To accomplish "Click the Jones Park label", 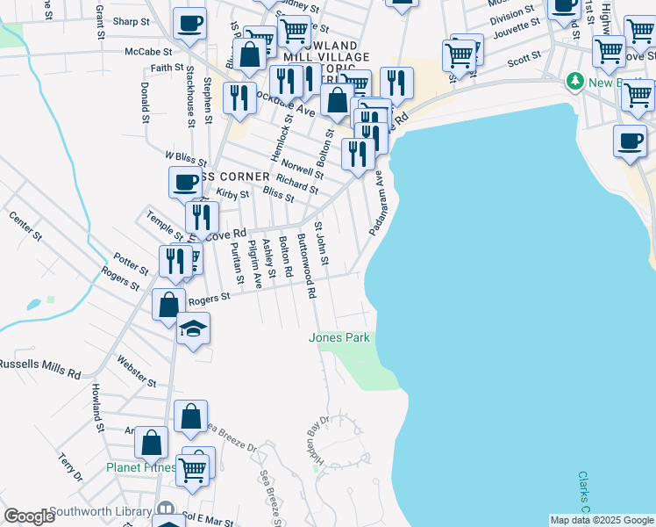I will click(x=339, y=337).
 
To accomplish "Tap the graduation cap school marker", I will click(x=193, y=329).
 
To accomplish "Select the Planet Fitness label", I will click(x=140, y=467).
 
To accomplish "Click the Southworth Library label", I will click(x=101, y=511).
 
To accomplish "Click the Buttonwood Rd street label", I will click(x=306, y=266).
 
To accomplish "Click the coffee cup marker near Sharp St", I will click(x=189, y=25).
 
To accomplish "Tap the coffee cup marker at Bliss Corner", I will click(x=185, y=183).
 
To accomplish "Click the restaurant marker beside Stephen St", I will click(x=239, y=98).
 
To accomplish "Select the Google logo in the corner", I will click(x=29, y=516).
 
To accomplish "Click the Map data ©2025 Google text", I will click(x=601, y=520).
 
